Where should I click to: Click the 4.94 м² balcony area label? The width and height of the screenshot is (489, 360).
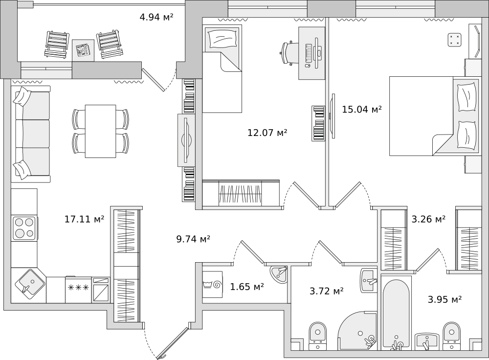tap(156, 17)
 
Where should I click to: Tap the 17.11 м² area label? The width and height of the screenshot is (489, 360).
tap(84, 219)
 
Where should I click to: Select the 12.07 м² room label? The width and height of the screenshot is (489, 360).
tap(267, 133)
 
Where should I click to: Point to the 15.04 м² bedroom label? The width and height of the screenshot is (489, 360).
tap(362, 109)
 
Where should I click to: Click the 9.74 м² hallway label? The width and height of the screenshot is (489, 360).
tap(193, 239)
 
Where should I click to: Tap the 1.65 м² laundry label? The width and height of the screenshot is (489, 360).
tap(247, 286)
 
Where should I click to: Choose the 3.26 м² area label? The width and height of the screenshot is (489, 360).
tap(428, 219)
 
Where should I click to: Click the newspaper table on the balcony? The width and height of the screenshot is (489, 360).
tap(83, 50)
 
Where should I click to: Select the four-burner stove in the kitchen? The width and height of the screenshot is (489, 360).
tap(24, 227)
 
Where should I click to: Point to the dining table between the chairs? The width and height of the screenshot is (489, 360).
tap(100, 131)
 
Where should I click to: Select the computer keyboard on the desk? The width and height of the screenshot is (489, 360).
tap(309, 53)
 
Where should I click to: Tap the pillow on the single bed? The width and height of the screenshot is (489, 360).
tap(222, 39)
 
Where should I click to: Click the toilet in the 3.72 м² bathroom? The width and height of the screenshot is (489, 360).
tap(317, 336)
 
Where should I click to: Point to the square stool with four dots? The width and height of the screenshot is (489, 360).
tap(454, 40)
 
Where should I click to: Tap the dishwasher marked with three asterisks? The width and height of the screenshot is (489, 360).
tap(78, 290)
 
